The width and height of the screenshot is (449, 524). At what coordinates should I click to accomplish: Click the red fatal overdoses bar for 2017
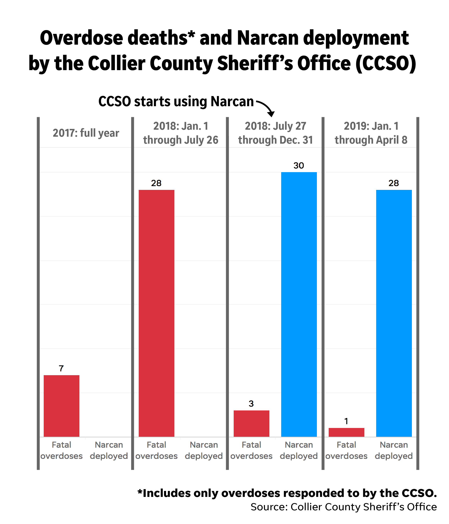point(61,406)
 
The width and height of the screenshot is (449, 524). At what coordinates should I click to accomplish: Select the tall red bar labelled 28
point(156,314)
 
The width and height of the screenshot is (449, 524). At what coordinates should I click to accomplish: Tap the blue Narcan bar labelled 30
point(299,305)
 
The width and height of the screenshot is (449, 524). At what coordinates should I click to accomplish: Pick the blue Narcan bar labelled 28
point(394,314)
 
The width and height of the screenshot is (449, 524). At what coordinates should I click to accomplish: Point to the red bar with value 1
point(346,433)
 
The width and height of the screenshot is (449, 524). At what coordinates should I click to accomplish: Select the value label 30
point(299,166)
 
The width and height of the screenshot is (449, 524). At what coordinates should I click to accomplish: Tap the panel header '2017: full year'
point(86,133)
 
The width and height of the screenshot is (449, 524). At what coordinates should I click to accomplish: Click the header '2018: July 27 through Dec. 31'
point(276,133)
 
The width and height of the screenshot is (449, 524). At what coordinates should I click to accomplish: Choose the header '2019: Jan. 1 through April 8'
point(371,133)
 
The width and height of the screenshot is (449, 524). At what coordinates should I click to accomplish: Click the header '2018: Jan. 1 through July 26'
point(181,133)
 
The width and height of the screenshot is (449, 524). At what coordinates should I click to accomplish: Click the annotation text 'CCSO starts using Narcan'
point(176,102)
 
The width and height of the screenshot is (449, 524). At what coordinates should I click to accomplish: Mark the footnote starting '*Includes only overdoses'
point(287,493)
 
